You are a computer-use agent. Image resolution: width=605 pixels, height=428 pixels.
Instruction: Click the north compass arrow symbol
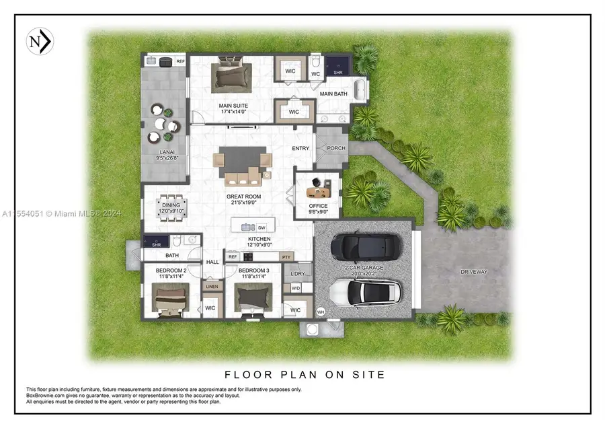click(x=40, y=42)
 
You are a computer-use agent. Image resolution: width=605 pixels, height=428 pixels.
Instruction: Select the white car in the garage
click(x=366, y=291)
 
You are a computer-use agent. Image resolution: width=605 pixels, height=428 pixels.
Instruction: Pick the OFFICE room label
click(x=317, y=207)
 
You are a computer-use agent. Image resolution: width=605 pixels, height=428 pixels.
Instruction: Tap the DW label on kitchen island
click(x=261, y=227)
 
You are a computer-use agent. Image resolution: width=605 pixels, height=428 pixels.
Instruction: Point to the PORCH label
click(x=335, y=148)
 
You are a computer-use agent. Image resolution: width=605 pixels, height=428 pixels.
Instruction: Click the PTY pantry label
click(x=286, y=257)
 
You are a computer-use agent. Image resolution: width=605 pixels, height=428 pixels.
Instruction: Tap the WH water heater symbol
click(x=321, y=312)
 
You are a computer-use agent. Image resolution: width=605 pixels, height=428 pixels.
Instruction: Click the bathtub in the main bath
click(x=360, y=90)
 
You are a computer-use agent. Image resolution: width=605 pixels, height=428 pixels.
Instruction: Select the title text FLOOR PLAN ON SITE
click(x=305, y=374)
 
